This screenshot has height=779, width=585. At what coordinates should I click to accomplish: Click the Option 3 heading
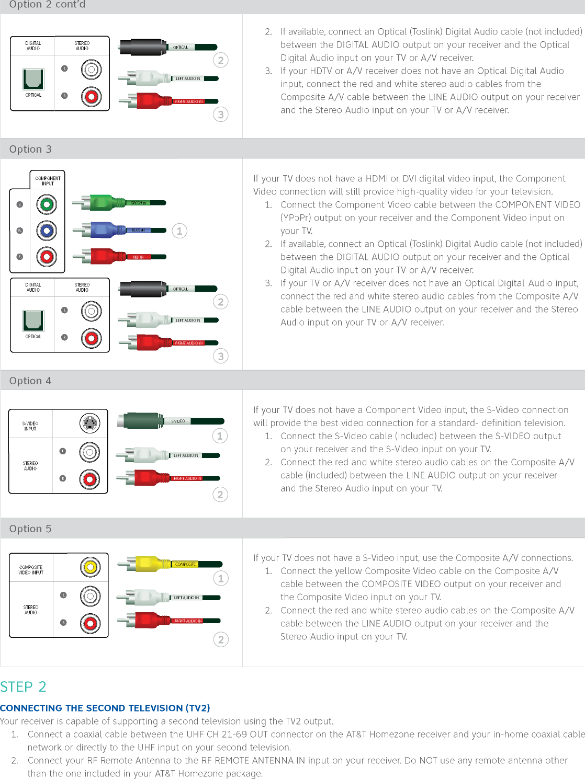[x=30, y=150]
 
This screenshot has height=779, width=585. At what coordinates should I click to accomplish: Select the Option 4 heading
[x=30, y=381]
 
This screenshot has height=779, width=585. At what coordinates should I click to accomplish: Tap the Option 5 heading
[x=30, y=529]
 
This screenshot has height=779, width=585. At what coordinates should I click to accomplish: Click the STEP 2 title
[x=24, y=686]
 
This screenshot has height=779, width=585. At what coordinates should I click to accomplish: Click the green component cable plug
[x=107, y=202]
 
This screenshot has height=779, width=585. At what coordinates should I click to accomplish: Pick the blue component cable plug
[x=108, y=230]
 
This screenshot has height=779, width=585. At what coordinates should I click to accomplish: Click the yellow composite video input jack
[x=91, y=567]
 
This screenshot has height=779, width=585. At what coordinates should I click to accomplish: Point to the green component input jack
[x=47, y=204]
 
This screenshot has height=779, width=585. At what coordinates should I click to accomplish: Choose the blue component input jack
[x=47, y=231]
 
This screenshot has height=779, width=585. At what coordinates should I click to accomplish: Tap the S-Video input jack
[x=90, y=423]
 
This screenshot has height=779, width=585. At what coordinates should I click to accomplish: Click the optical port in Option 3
[x=33, y=320]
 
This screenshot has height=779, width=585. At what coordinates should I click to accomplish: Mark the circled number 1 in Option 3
[x=179, y=231]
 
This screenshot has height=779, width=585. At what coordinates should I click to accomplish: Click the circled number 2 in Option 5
[x=221, y=639]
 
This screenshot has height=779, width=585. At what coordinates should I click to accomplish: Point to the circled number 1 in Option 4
[x=220, y=436]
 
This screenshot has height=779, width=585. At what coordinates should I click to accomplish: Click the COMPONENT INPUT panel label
[x=48, y=181]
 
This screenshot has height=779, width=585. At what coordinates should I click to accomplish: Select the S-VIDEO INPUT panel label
[x=30, y=426]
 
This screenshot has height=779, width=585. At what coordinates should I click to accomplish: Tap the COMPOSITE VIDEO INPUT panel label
[x=31, y=570]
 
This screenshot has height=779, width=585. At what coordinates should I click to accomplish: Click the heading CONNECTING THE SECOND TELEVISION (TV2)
[x=105, y=708]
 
